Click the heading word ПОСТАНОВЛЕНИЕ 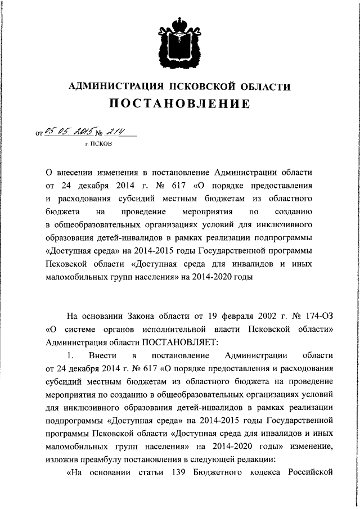point(179,104)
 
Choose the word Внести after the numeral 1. point(101,355)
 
